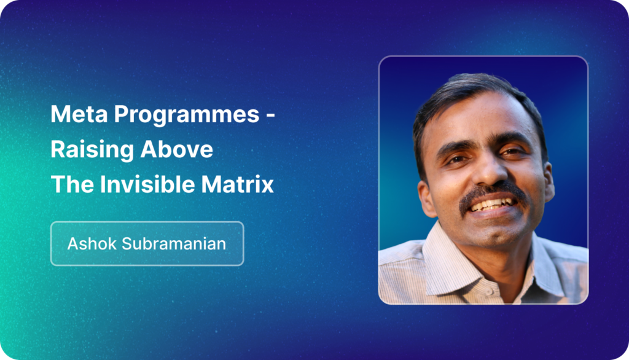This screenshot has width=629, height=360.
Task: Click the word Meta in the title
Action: pos(79,114)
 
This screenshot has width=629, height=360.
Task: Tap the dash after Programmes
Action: pos(270,115)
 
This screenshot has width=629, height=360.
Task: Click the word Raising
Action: pos(92,150)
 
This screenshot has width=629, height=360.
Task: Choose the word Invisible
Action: pos(147,184)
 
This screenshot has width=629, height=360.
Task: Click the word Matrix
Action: pos(238,184)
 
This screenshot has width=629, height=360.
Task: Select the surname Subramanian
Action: pos(174,244)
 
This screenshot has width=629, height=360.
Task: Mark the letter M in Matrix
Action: pos(211,185)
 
